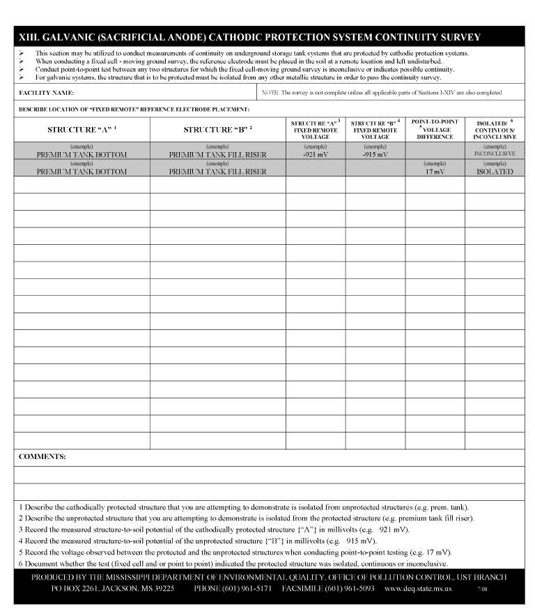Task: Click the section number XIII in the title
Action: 29,37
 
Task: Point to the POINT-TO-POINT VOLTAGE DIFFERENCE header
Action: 435,129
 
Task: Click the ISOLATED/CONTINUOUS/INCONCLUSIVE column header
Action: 495,130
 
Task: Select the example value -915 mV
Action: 375,154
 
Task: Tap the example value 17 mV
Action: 435,172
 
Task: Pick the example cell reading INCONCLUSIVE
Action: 495,153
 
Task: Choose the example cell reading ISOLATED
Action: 495,172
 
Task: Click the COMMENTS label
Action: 42,456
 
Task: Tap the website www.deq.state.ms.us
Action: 418,589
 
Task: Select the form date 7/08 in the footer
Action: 483,589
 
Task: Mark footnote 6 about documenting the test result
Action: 233,564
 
